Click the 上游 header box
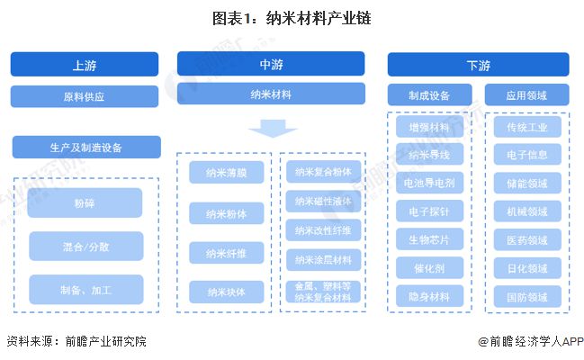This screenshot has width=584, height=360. (85, 65)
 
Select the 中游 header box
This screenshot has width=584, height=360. (271, 63)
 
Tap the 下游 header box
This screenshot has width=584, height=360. (478, 65)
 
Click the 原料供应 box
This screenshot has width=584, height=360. (85, 95)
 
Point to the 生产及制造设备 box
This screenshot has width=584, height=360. (86, 147)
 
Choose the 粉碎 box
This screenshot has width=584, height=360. (85, 202)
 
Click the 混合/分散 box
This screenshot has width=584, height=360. (85, 246)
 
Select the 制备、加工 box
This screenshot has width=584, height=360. (85, 289)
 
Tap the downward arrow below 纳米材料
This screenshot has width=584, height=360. (273, 131)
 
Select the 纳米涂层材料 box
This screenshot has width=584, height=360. (323, 259)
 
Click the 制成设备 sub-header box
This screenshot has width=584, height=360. (429, 94)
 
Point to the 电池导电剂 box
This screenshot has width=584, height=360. (429, 184)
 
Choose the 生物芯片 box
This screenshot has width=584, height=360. (429, 239)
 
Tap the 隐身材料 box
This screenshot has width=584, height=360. (429, 295)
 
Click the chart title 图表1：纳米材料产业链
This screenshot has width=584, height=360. (292, 17)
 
